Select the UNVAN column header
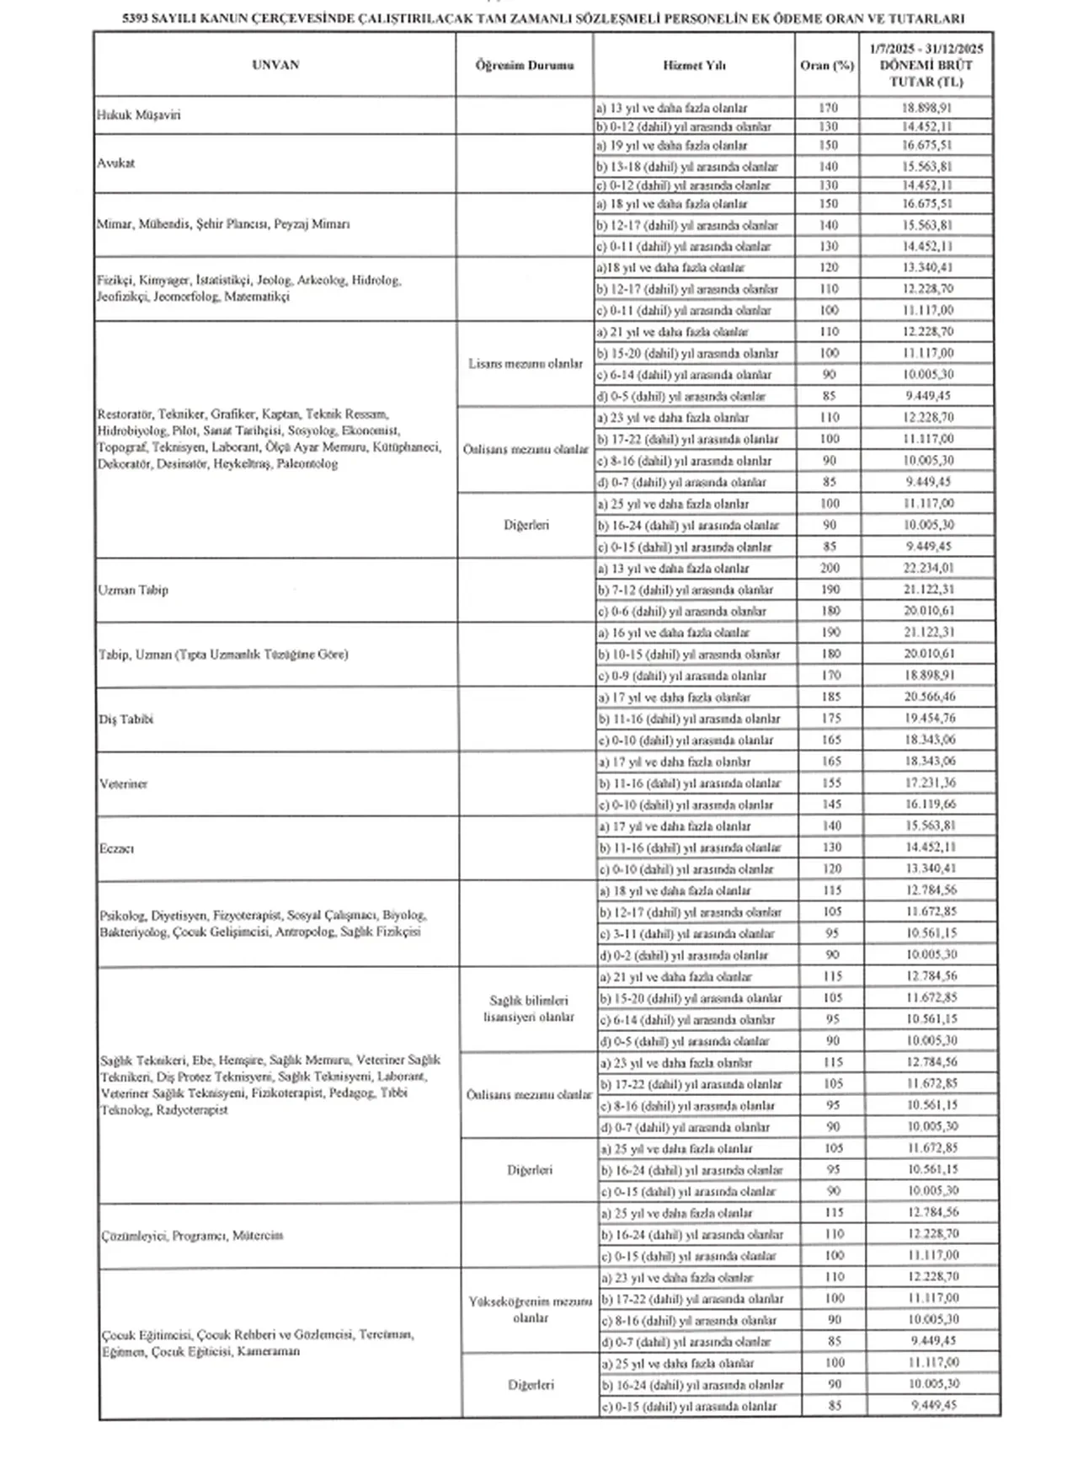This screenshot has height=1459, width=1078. coord(275,65)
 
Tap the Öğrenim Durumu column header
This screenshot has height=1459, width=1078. coord(524,65)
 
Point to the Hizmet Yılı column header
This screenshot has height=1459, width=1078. coord(694,65)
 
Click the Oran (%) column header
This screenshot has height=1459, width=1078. coord(827,65)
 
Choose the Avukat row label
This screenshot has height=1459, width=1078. coord(116,163)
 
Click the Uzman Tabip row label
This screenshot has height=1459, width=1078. coord(133,590)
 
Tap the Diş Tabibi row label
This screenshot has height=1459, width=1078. coord(126,719)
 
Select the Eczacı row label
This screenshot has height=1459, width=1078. coord(117,848)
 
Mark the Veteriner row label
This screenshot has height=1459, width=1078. coord(124,783)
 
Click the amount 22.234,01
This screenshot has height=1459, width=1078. coord(931,568)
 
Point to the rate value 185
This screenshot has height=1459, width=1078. coord(830,697)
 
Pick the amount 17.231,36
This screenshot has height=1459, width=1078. coord(931,783)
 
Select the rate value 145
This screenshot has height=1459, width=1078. coord(830,804)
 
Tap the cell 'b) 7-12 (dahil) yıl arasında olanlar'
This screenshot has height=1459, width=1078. coord(686,590)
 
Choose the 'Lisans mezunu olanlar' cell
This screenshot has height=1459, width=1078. coord(526,364)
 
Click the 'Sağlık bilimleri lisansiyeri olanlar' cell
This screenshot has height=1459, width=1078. coord(528,1008)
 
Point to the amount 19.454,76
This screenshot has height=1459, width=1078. coord(931,719)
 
